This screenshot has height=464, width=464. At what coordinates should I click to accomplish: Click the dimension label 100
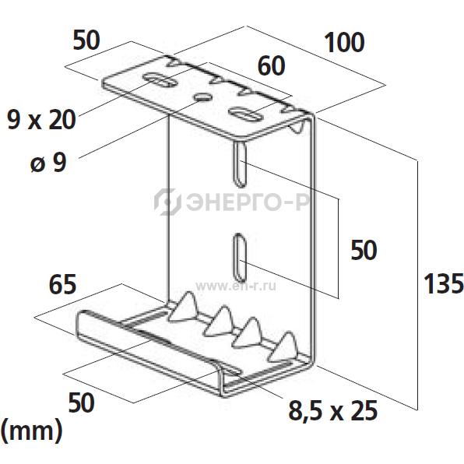tap(344, 43)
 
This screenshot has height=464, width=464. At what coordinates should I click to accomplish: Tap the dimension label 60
tap(272, 65)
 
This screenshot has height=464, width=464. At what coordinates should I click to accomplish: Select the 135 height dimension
tap(443, 283)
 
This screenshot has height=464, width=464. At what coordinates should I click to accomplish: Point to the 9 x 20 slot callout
tap(41, 120)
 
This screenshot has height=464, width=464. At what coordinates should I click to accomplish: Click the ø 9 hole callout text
tap(48, 162)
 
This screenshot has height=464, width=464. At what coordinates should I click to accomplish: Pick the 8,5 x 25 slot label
tap(333, 410)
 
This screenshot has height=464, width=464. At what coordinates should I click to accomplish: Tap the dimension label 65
tap(62, 284)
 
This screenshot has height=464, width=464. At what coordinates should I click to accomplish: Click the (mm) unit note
tap(31, 431)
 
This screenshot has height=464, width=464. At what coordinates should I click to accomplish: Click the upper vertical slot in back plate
tap(240, 164)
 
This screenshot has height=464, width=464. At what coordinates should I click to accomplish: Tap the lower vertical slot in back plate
tap(240, 258)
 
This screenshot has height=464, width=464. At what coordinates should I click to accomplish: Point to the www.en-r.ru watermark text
tap(236, 286)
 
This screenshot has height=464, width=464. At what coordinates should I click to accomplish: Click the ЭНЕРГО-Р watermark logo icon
tap(167, 202)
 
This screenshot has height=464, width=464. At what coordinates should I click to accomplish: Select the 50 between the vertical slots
tap(364, 250)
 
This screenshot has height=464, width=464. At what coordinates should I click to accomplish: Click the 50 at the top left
tap(86, 40)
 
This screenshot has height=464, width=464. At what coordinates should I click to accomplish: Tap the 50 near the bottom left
tap(82, 402)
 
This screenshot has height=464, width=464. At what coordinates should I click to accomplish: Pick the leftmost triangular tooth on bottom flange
tap(184, 308)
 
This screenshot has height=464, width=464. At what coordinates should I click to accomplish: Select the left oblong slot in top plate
tap(158, 79)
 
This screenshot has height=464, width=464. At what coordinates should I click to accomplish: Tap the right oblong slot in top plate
tap(246, 114)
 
